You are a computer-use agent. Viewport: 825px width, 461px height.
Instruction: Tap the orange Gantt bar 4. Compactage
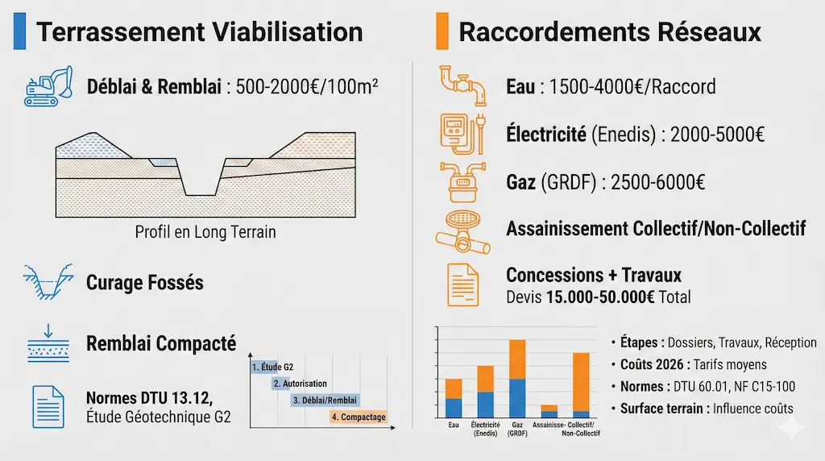[x=359, y=417]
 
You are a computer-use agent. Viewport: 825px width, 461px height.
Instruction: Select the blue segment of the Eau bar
[x=454, y=408]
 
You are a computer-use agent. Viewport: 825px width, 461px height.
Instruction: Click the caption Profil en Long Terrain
[x=205, y=232]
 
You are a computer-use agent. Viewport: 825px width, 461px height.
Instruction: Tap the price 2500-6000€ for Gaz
[x=658, y=182]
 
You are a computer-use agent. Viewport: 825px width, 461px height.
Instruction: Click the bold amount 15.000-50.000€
[x=600, y=297]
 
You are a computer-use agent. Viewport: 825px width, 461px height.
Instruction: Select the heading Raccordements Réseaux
[x=609, y=32]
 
